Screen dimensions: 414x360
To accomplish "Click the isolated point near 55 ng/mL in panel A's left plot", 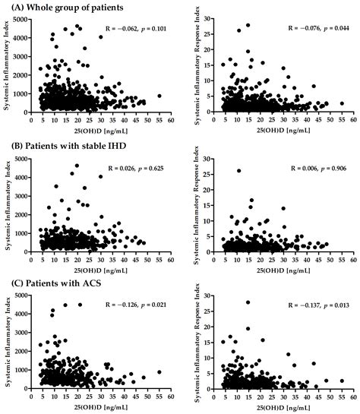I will (159, 96).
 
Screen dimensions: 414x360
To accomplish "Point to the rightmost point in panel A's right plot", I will (342, 103).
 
